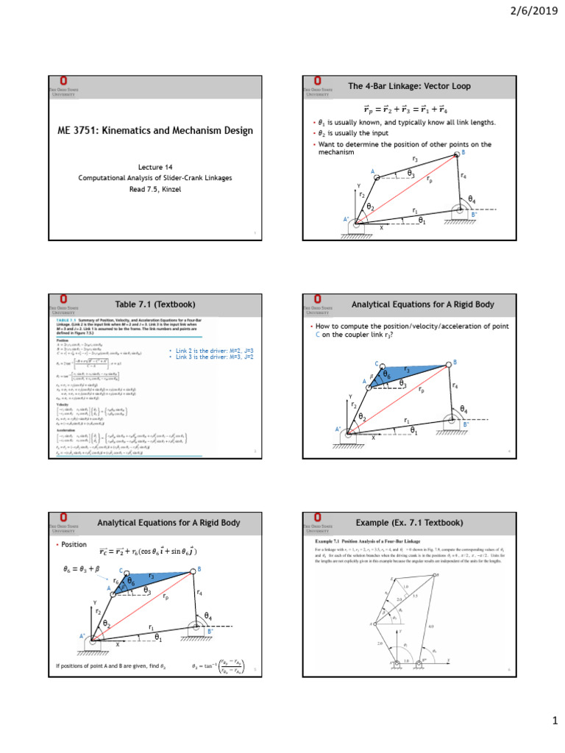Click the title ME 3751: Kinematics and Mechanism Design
pos(155,131)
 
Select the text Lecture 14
pos(155,167)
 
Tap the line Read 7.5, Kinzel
pos(155,189)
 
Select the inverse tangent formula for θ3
pos(219,666)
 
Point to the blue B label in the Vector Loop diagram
pos(463,153)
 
